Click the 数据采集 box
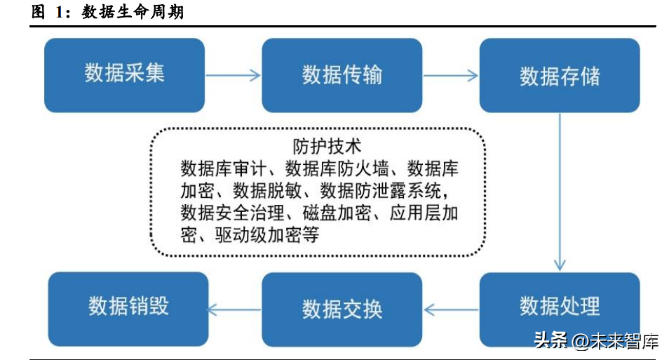point(124,75)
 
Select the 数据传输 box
point(342,75)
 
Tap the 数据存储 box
point(560,75)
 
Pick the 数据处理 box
point(560,307)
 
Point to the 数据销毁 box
point(128,307)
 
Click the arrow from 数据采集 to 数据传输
point(233,75)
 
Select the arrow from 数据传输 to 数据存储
point(451,75)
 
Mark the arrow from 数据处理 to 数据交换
point(451,308)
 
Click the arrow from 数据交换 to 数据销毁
point(235,308)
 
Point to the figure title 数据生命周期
point(133,13)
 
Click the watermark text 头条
point(550,342)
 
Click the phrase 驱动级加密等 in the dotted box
point(266,234)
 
